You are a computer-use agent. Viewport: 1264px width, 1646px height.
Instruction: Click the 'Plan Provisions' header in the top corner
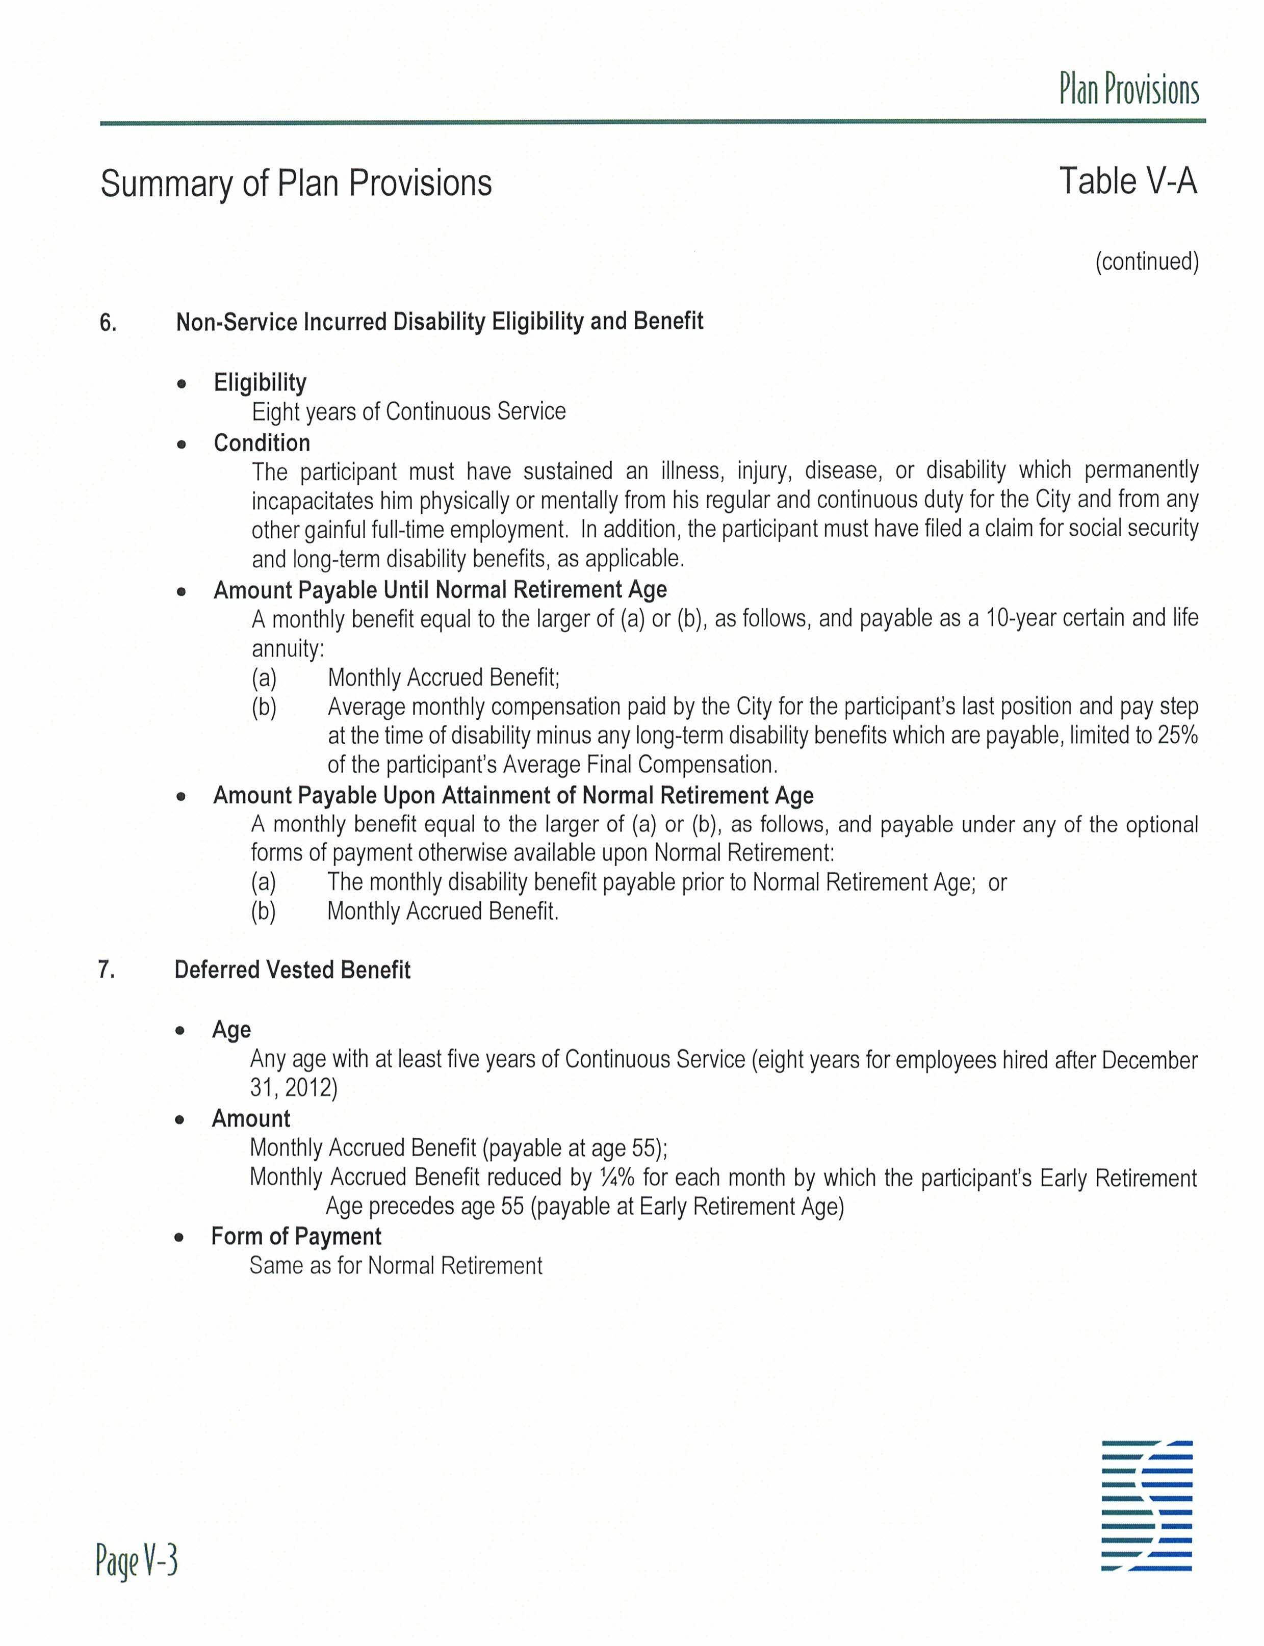tap(1128, 90)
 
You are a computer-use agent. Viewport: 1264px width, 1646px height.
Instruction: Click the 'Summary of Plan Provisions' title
tap(296, 184)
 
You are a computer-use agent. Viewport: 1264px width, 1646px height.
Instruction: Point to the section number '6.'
tap(108, 323)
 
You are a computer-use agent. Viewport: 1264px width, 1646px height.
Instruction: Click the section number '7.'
tap(107, 970)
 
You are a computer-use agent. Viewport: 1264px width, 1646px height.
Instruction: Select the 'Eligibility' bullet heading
tap(260, 382)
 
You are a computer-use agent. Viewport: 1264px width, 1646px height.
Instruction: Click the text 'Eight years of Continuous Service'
tap(408, 411)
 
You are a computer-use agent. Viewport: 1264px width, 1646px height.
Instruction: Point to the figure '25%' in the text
tap(1177, 735)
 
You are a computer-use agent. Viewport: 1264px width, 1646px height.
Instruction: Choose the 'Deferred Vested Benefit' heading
tap(292, 970)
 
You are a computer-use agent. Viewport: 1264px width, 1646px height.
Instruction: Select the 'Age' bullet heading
tap(231, 1029)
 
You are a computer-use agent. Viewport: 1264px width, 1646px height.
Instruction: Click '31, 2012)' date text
tap(293, 1088)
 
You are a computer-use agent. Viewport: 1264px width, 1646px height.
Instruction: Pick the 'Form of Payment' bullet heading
tap(296, 1236)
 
